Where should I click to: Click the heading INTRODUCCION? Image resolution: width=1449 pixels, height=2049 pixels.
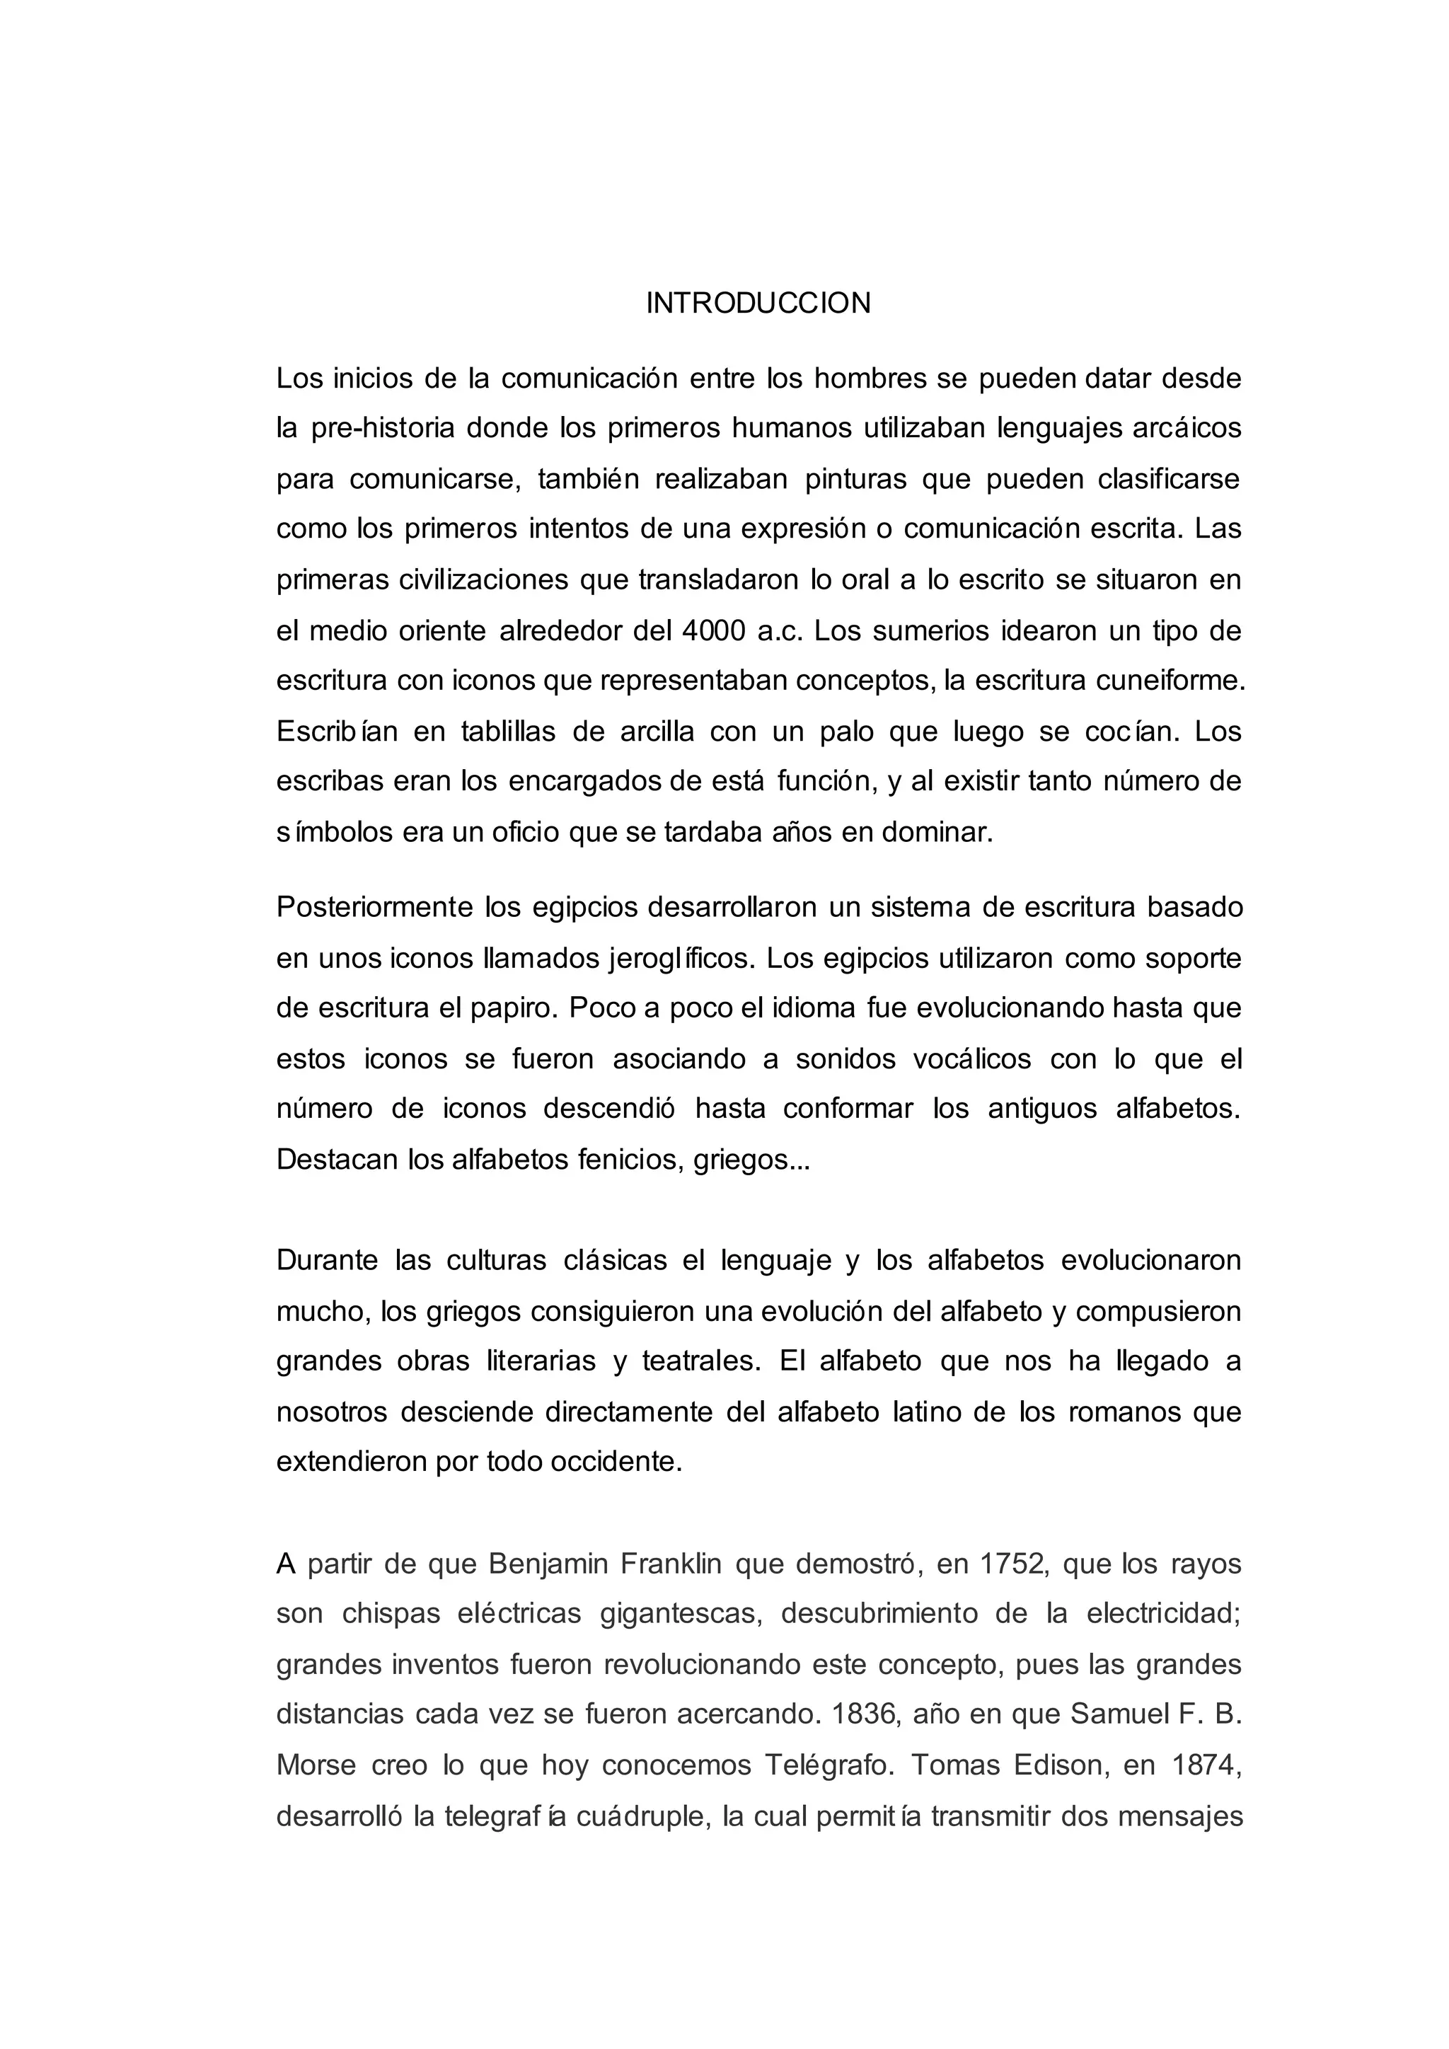(758, 304)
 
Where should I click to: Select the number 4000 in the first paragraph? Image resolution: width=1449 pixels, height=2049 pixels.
(713, 631)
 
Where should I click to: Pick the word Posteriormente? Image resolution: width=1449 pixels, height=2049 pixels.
(374, 908)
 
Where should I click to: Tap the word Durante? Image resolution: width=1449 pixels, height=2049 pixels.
(328, 1261)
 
